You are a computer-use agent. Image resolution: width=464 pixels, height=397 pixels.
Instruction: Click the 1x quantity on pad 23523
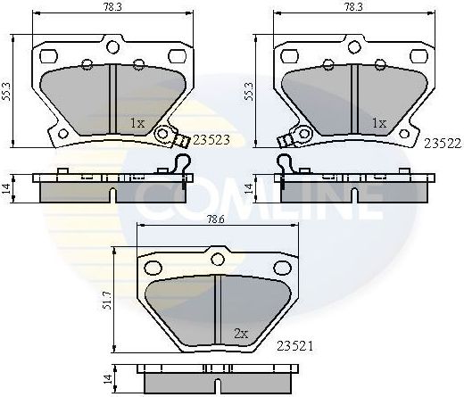pos(137,123)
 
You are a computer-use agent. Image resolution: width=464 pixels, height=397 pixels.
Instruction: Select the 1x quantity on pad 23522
pos(378,123)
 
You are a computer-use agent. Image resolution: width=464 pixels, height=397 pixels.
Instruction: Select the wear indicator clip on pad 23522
pos(288,138)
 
